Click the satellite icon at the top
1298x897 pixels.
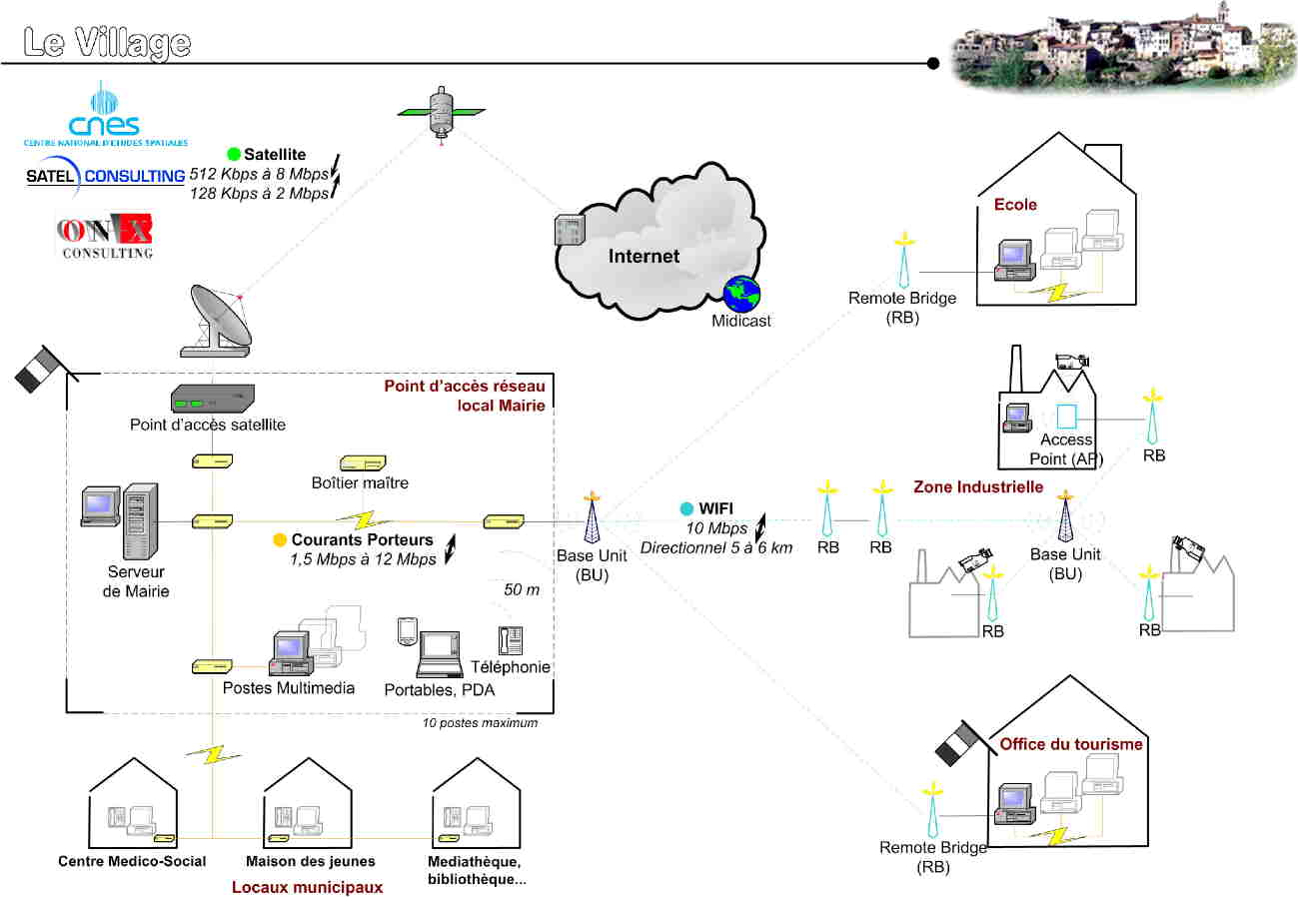tap(441, 111)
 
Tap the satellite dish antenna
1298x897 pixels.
tap(220, 320)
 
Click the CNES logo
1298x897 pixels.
tap(104, 114)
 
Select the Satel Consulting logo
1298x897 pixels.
tap(105, 176)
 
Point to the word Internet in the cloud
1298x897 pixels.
tap(644, 257)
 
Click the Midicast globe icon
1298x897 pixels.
tap(741, 293)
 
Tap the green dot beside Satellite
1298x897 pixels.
tap(234, 155)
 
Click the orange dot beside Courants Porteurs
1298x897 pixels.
tap(281, 540)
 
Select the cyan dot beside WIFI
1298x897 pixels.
tap(686, 508)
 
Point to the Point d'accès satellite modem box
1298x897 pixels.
tap(213, 400)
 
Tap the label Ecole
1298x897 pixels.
tap(1015, 205)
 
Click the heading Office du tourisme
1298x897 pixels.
tap(1071, 744)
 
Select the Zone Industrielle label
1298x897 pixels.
tap(978, 487)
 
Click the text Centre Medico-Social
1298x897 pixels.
tap(132, 861)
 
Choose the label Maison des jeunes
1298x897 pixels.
tap(311, 861)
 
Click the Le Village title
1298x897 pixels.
tap(107, 42)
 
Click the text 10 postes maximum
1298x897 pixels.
tap(480, 723)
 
